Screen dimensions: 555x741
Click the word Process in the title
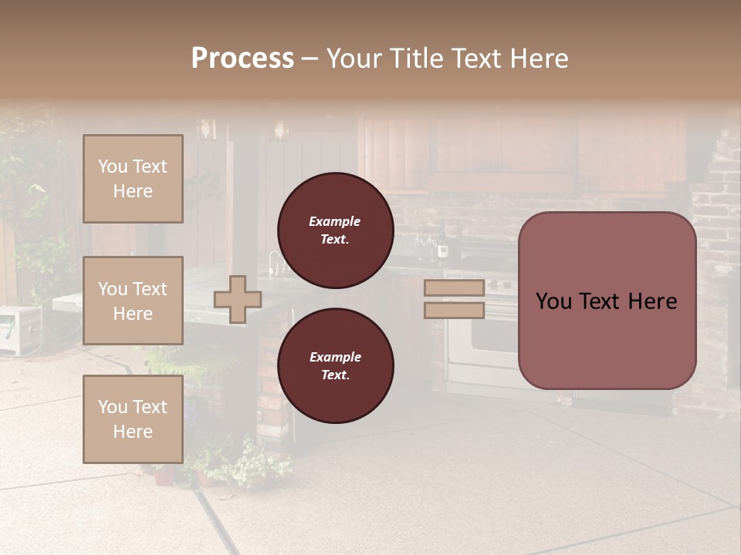click(x=242, y=59)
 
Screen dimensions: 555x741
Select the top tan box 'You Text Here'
click(x=133, y=179)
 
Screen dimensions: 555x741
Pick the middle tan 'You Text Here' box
click(x=133, y=301)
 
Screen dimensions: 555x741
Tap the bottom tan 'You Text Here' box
click(x=133, y=419)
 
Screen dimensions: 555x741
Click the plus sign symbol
click(x=238, y=299)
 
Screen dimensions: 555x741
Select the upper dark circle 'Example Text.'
click(x=335, y=230)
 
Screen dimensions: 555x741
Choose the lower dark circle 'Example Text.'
click(x=335, y=365)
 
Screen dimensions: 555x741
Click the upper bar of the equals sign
click(x=454, y=288)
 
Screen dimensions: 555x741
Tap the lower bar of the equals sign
click(x=454, y=310)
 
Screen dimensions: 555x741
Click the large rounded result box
click(x=607, y=301)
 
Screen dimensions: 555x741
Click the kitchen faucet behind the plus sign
click(x=274, y=262)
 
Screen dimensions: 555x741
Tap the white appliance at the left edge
click(x=19, y=330)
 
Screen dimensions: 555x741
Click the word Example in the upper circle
click(x=334, y=221)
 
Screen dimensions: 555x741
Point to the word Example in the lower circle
click(x=335, y=357)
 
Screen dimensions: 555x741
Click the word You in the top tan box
click(x=113, y=166)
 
